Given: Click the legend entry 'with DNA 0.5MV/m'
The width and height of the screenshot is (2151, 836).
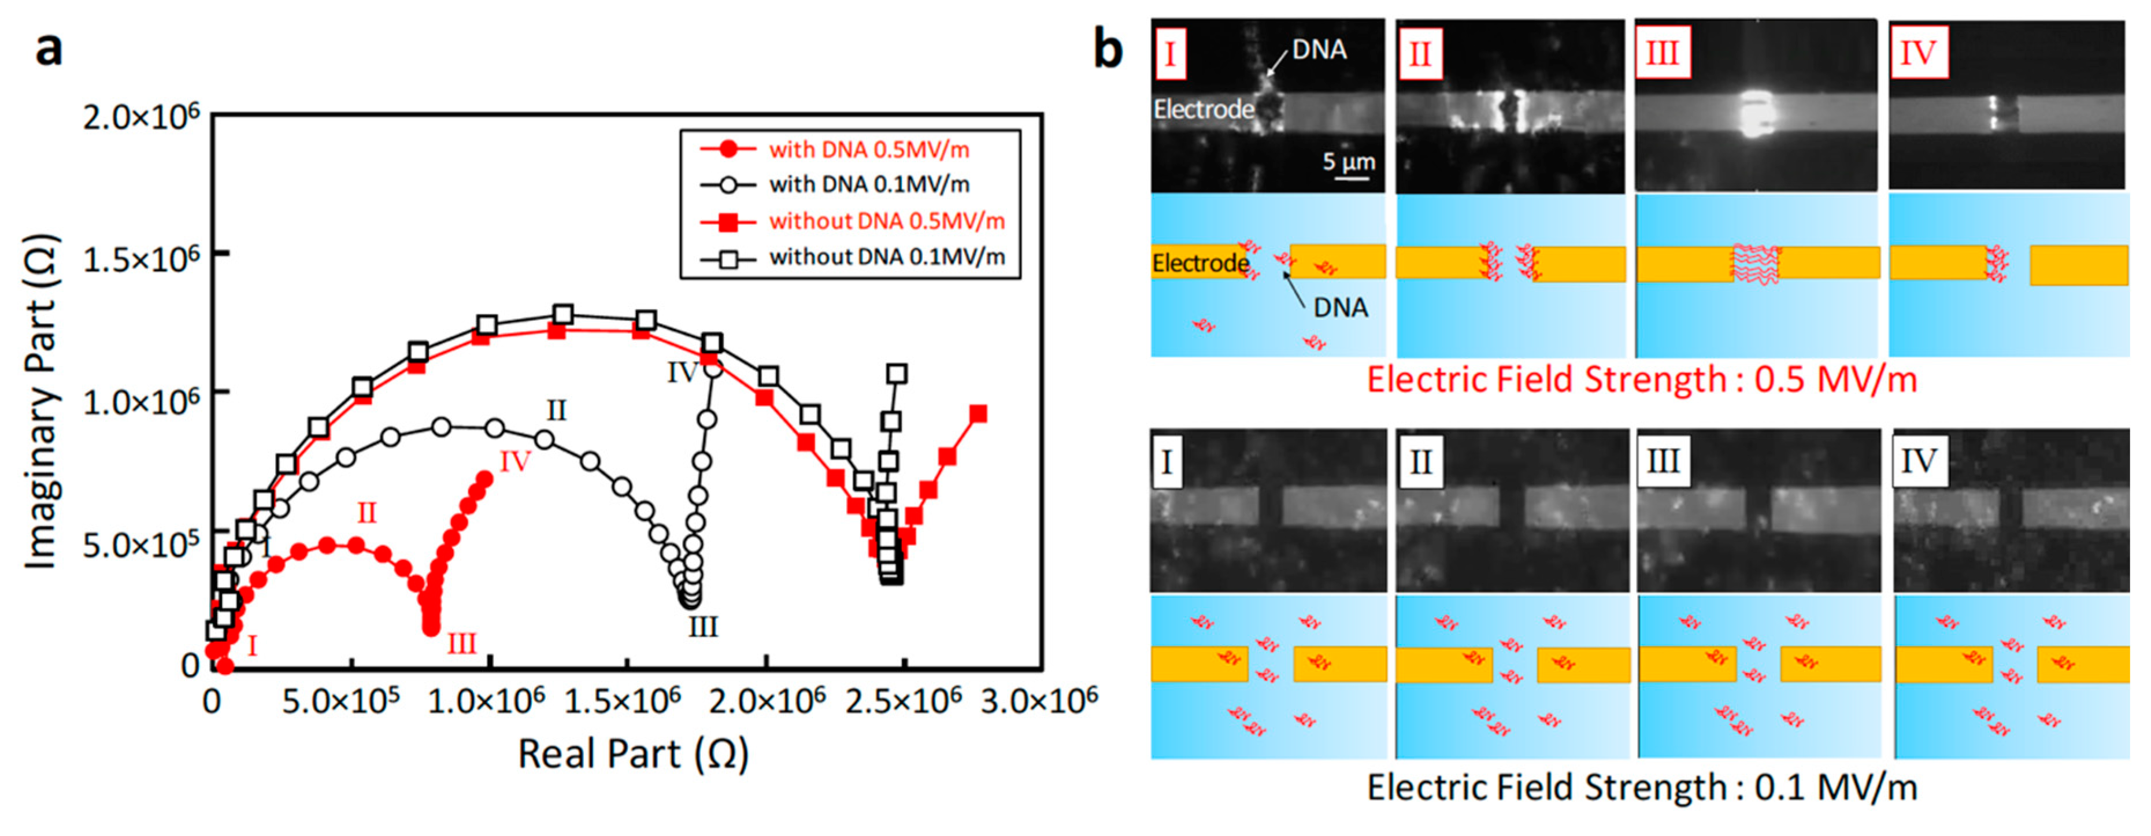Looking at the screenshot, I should coord(868,150).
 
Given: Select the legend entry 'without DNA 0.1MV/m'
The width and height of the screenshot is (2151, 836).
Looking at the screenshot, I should coord(886,257).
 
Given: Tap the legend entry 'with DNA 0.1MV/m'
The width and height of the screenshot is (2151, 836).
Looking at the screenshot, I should coord(868,184).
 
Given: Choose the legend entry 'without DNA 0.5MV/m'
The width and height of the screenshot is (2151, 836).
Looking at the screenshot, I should coord(886,221).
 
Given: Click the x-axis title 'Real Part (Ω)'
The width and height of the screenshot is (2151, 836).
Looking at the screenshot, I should coord(633,754).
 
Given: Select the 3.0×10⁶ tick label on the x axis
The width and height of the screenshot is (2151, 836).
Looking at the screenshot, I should coord(1038,700).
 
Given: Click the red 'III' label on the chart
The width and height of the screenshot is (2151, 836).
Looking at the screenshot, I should coord(462,644).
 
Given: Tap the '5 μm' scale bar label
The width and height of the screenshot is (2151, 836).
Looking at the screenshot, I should coord(1347,161).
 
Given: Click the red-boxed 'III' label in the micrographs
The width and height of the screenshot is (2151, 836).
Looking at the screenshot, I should coord(1662,53).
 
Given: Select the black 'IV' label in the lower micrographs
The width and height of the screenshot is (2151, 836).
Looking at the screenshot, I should coord(1917,460).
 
